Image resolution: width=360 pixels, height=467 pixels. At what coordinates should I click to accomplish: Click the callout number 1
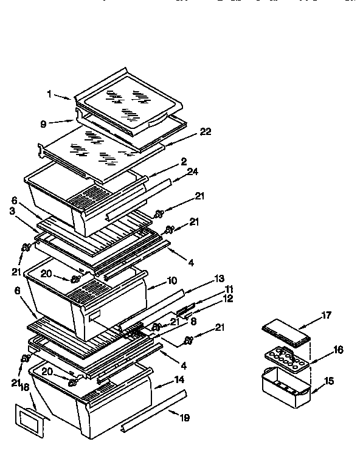click(x=49, y=94)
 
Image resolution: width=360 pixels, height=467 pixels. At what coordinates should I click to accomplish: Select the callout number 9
click(x=43, y=123)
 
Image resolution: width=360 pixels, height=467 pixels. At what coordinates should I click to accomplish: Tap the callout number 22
click(x=206, y=132)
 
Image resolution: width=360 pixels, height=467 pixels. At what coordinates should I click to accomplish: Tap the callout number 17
click(x=327, y=315)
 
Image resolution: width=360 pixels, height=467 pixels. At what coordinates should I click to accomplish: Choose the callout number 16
click(x=338, y=350)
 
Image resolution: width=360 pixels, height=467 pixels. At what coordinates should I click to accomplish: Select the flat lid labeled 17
click(x=286, y=333)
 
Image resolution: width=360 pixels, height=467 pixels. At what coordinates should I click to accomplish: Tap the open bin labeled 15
click(x=285, y=384)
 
